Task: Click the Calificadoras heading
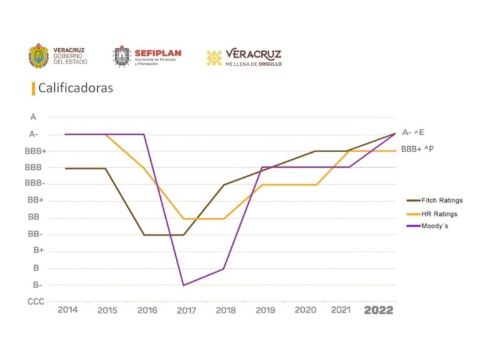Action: pyautogui.click(x=75, y=88)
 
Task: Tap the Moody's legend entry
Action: pyautogui.click(x=434, y=226)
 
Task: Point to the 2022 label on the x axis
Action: pyautogui.click(x=378, y=310)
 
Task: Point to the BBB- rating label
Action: pyautogui.click(x=35, y=184)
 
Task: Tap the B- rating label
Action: pyautogui.click(x=37, y=285)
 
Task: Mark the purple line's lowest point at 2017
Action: pyautogui.click(x=183, y=285)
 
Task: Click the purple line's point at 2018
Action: pyautogui.click(x=224, y=268)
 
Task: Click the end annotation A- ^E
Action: pyautogui.click(x=413, y=132)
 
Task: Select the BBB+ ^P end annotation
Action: pyautogui.click(x=417, y=149)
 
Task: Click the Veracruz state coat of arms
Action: pyautogui.click(x=39, y=56)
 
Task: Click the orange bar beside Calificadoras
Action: pyautogui.click(x=33, y=89)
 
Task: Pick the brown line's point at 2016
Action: pyautogui.click(x=144, y=235)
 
